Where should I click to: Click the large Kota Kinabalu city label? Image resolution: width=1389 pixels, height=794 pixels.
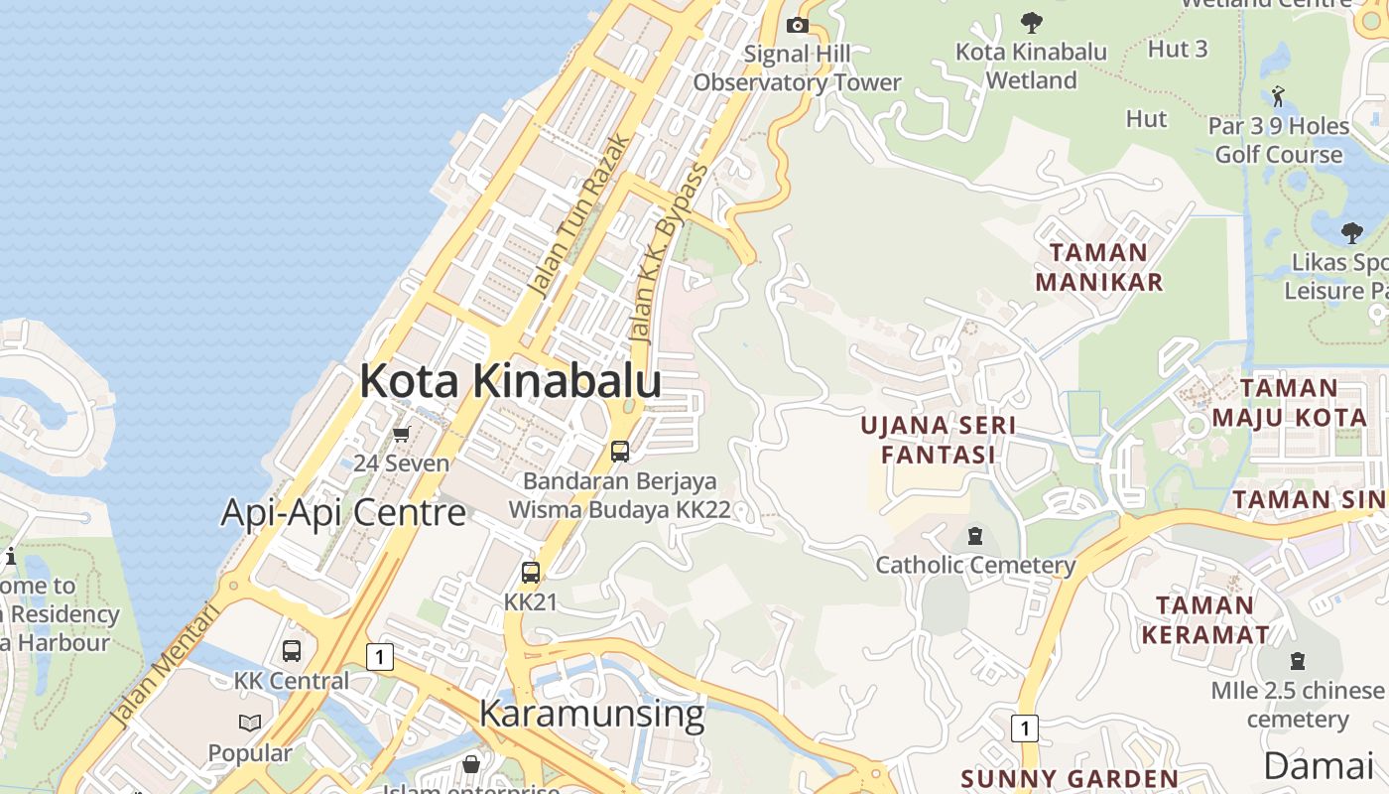tap(510, 381)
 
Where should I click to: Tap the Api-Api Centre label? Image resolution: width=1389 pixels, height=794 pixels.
tap(342, 512)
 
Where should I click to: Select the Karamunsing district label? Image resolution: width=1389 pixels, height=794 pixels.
tap(591, 713)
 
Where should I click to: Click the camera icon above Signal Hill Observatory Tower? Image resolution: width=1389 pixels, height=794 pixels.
tap(797, 25)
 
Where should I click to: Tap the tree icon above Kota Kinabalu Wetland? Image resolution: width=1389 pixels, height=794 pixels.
tap(1031, 22)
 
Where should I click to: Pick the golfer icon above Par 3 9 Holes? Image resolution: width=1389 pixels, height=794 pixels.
tap(1278, 96)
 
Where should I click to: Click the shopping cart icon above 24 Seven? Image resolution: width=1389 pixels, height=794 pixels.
tap(402, 434)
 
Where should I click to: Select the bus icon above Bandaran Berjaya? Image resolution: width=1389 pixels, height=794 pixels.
tap(620, 451)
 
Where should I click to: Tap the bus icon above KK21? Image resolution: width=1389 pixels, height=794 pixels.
tap(531, 572)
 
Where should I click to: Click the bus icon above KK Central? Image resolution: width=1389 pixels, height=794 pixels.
tap(292, 651)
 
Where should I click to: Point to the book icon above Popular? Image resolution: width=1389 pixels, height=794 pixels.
tap(250, 723)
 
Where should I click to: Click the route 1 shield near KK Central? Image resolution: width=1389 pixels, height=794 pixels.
tap(379, 656)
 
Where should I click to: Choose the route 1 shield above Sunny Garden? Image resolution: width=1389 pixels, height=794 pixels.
tap(1025, 728)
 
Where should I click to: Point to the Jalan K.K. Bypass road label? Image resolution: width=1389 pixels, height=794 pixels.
tap(671, 253)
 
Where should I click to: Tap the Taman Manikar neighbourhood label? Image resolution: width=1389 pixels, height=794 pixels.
tap(1098, 267)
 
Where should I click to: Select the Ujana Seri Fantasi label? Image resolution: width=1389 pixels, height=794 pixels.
tap(938, 440)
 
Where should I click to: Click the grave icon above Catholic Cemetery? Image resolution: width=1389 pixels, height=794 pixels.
tap(974, 536)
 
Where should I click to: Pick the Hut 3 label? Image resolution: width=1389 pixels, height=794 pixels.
tap(1177, 48)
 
